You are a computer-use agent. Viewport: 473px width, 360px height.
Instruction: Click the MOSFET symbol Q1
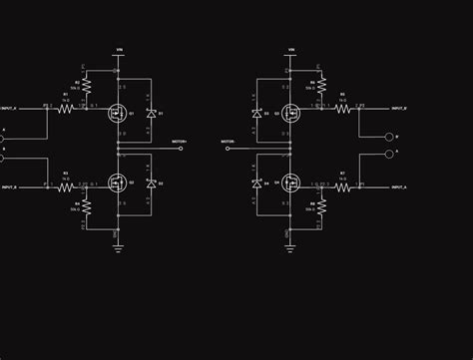coord(118,113)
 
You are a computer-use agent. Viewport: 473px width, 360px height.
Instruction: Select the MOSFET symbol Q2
coord(118,183)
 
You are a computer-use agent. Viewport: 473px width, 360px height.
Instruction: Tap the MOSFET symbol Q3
coord(290,113)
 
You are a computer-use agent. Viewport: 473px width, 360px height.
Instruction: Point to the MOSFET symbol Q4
coord(290,183)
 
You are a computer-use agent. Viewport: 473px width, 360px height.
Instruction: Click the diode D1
coord(151,114)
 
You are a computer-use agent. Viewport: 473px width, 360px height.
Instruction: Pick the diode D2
coord(151,184)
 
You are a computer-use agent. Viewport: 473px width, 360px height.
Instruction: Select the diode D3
coord(256,114)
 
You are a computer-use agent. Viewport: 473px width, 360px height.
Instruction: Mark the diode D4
coord(256,184)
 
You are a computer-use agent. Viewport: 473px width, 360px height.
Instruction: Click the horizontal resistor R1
coord(66,108)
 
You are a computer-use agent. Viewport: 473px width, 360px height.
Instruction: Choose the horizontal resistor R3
coord(66,186)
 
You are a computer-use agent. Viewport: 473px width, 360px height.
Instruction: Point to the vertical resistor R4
coord(86,207)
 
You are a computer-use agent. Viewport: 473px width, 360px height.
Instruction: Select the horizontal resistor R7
coord(341,186)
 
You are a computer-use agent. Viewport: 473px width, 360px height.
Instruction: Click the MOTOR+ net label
coord(179,143)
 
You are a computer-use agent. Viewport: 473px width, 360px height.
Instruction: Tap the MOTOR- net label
coord(228,143)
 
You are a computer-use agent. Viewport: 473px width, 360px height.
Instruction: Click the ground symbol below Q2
coord(118,246)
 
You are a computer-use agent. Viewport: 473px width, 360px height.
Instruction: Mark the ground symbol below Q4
coord(290,246)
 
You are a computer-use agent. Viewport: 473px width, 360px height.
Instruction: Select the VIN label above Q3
coord(291,49)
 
